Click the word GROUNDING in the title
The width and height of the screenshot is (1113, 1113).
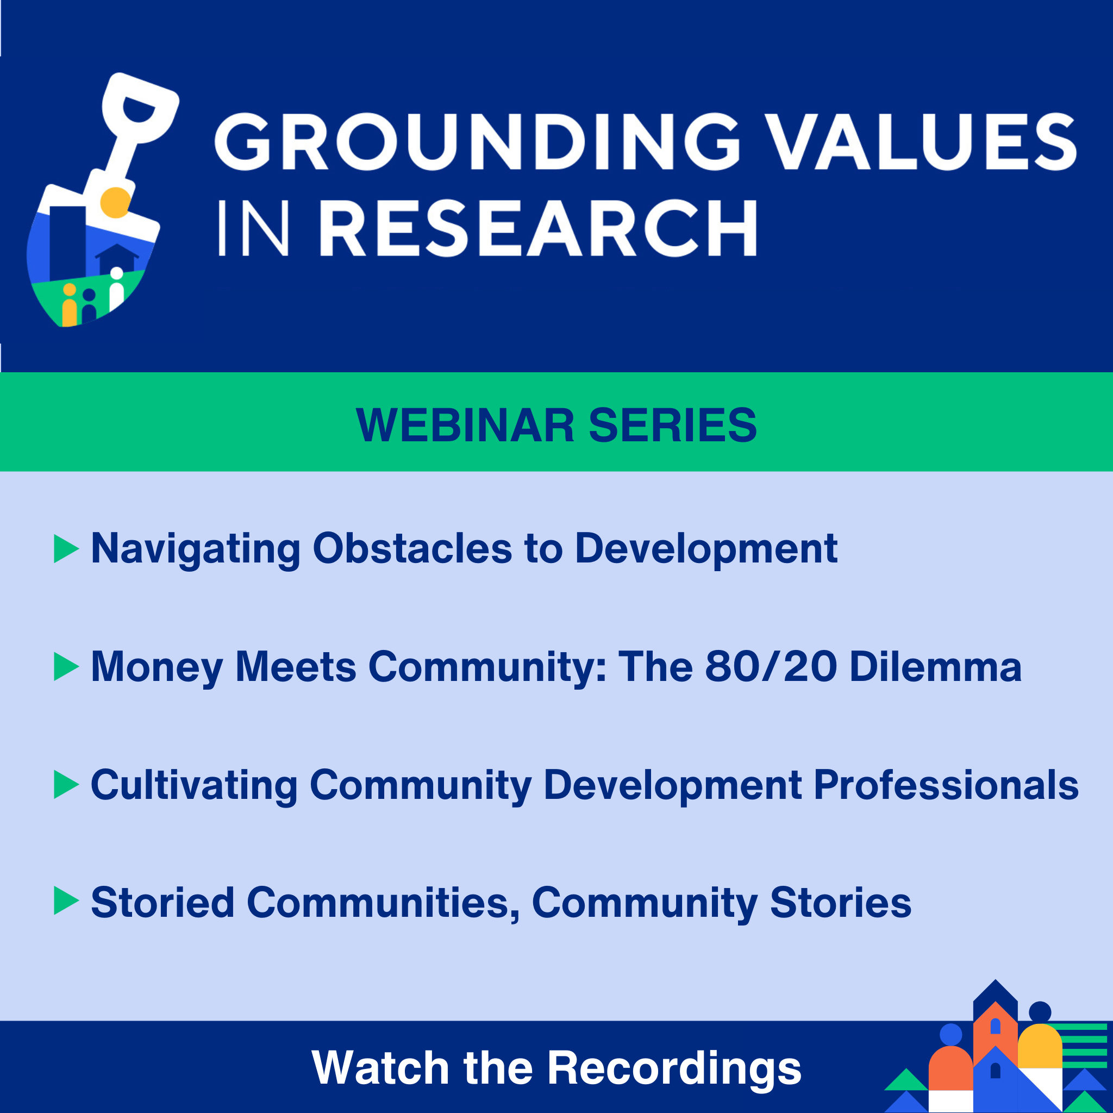pos(477,141)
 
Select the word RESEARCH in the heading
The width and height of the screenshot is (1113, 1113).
pos(537,228)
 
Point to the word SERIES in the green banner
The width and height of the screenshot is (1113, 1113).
pos(672,426)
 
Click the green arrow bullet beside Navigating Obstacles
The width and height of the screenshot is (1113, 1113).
pos(66,548)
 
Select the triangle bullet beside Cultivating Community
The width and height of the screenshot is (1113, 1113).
pos(66,785)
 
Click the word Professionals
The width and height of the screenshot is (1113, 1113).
pos(946,785)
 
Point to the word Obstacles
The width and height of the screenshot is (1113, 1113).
pos(412,548)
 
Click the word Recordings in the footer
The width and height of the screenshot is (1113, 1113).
pos(674,1068)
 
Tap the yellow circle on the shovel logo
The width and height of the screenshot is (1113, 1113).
pos(115,203)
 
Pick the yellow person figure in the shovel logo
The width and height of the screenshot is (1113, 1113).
pos(70,305)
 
